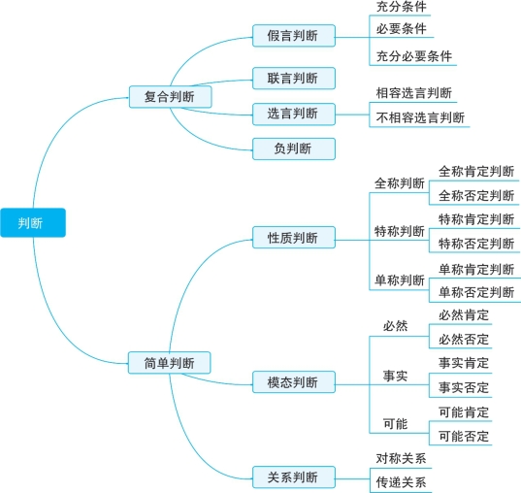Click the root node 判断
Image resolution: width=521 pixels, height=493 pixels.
point(33,223)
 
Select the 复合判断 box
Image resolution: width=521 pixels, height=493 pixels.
point(170,97)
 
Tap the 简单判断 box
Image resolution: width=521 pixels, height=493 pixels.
point(170,363)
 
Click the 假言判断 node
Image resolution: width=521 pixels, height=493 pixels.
point(294,36)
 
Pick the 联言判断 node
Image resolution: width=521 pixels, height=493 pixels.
point(294,79)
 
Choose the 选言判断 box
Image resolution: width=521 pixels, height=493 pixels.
point(294,114)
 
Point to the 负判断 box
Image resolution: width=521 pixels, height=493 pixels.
point(294,148)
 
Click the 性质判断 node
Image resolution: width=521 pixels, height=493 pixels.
point(294,238)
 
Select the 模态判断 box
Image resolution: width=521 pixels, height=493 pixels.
point(294,382)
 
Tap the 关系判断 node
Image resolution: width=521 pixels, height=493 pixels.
point(294,477)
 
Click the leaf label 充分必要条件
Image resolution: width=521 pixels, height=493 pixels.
point(414,56)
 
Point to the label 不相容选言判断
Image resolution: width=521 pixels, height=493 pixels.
point(420,117)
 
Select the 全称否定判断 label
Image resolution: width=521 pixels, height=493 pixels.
point(476,195)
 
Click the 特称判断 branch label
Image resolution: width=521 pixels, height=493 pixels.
point(400,231)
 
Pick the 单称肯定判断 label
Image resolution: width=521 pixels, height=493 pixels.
point(476,269)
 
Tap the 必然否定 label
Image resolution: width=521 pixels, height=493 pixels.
point(464,340)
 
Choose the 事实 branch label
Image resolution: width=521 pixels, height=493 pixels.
point(395,376)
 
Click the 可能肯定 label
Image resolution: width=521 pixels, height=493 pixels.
point(464,412)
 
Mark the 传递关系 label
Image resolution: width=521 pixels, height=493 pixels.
point(401,482)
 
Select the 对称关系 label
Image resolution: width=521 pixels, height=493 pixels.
point(401,458)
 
